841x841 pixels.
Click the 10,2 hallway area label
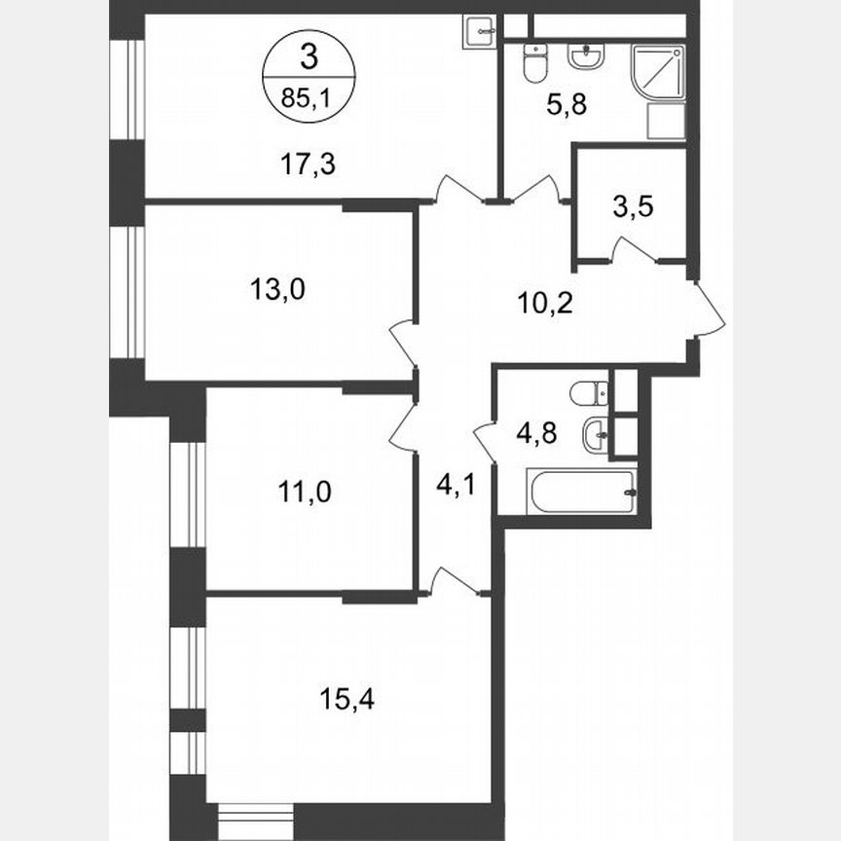(544, 303)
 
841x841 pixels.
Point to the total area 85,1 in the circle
(310, 97)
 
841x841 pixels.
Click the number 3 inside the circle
(310, 57)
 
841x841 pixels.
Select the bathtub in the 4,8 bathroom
(582, 492)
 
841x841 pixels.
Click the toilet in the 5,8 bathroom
(534, 64)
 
